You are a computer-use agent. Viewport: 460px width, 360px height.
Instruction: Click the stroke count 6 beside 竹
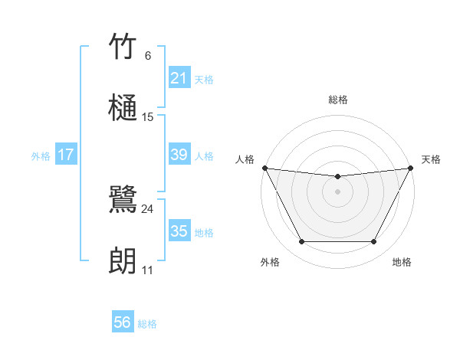pos(148,56)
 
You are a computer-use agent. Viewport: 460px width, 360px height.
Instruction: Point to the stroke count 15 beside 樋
pos(148,117)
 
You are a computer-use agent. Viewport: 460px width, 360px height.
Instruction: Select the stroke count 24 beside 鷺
pos(148,209)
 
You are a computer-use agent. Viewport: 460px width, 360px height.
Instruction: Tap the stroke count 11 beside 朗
pos(148,270)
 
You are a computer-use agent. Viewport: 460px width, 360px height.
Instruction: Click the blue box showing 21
pos(179,78)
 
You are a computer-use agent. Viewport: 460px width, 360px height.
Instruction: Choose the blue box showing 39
pos(179,155)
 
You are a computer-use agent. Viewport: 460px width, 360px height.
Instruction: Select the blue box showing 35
pos(179,231)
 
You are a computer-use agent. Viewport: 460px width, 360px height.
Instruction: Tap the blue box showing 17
pos(66,155)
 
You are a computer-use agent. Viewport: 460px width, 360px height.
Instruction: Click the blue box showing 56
pos(123,323)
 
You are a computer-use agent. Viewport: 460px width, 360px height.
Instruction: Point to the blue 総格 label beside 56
pos(147,324)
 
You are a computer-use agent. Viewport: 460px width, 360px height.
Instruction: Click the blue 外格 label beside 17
pos(41,155)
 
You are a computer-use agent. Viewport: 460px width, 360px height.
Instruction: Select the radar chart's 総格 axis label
pos(337,100)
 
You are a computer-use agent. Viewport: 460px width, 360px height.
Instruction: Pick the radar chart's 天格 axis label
pos(431,159)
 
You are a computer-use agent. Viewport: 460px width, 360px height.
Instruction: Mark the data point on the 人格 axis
pos(264,168)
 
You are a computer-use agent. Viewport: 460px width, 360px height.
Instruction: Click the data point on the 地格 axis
pos(373,242)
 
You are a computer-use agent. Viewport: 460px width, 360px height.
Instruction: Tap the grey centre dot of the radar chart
pos(337,191)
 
